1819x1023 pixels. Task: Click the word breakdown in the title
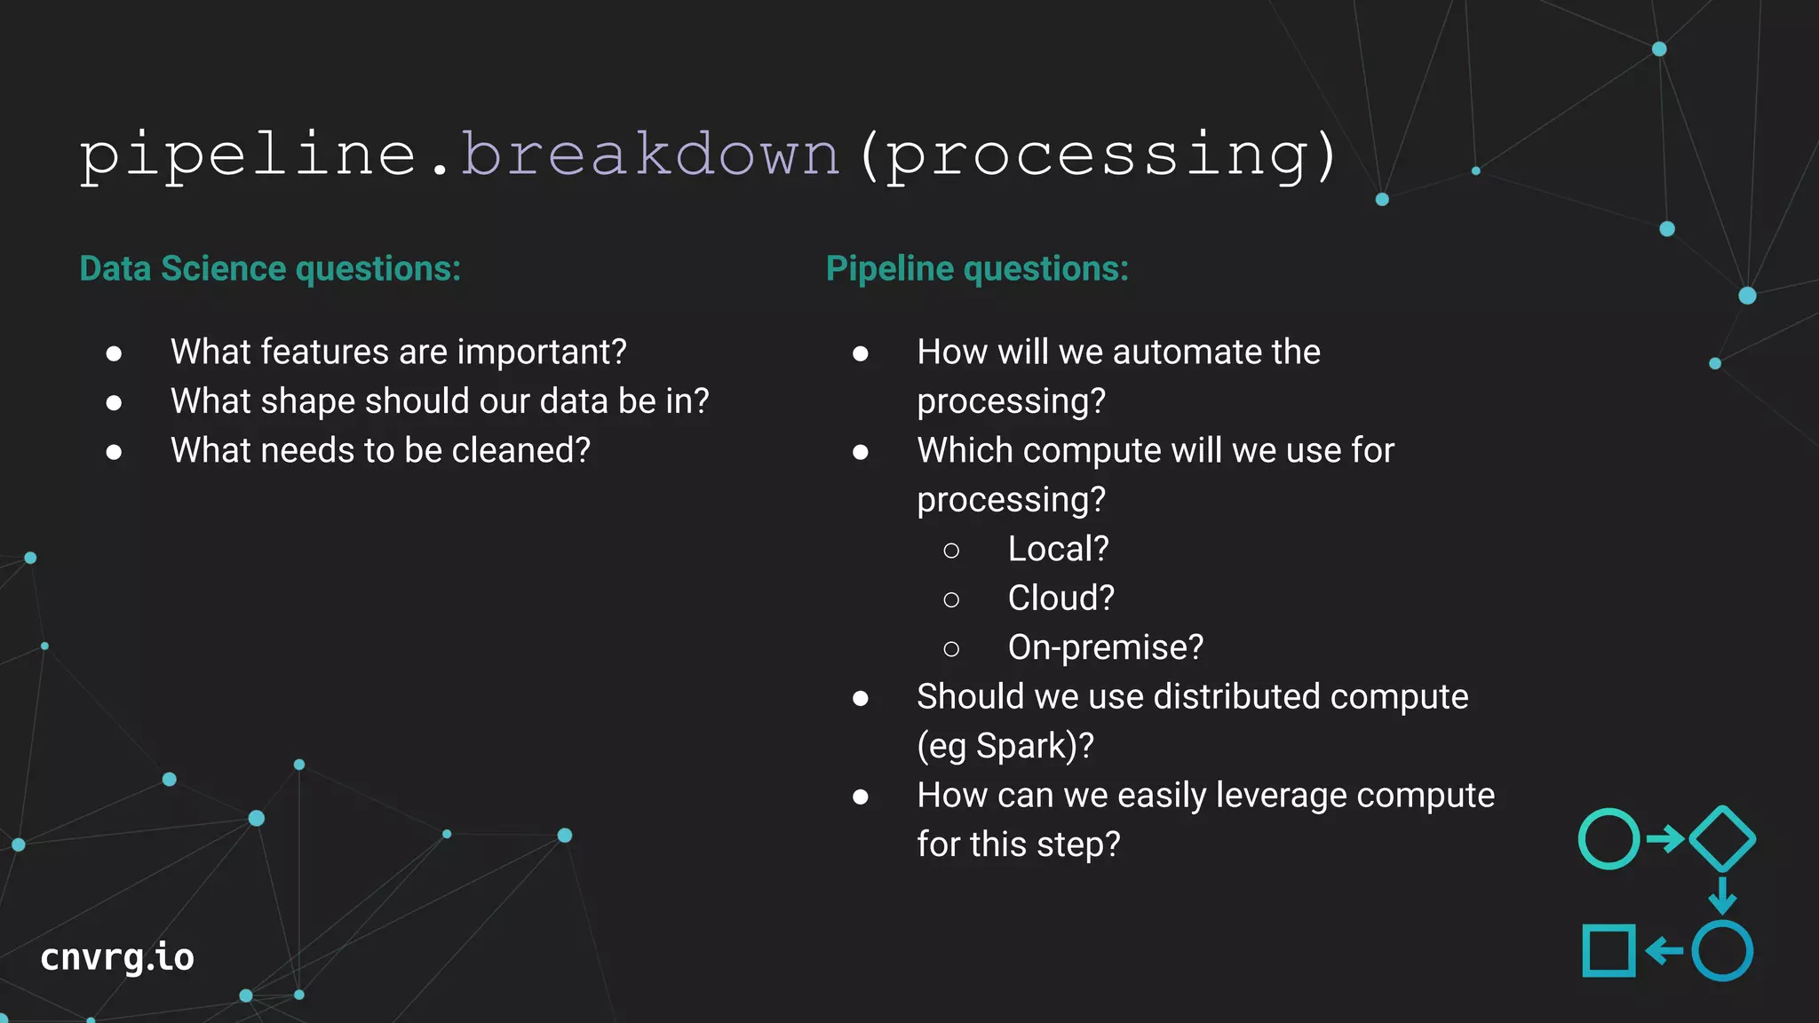650,155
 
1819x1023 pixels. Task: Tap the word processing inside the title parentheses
1098,156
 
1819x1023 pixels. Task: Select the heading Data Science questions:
270,269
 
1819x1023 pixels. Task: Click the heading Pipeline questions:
977,269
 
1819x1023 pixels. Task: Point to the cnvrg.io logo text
117,957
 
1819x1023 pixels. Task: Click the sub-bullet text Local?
1058,549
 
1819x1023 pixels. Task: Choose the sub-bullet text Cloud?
1060,598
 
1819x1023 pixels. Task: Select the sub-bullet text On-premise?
1106,647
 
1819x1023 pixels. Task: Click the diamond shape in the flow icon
1721,838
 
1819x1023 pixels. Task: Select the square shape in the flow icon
1609,951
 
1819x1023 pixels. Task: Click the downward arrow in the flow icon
1722,895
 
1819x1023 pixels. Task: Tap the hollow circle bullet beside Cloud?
951,600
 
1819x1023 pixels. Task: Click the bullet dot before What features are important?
114,353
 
